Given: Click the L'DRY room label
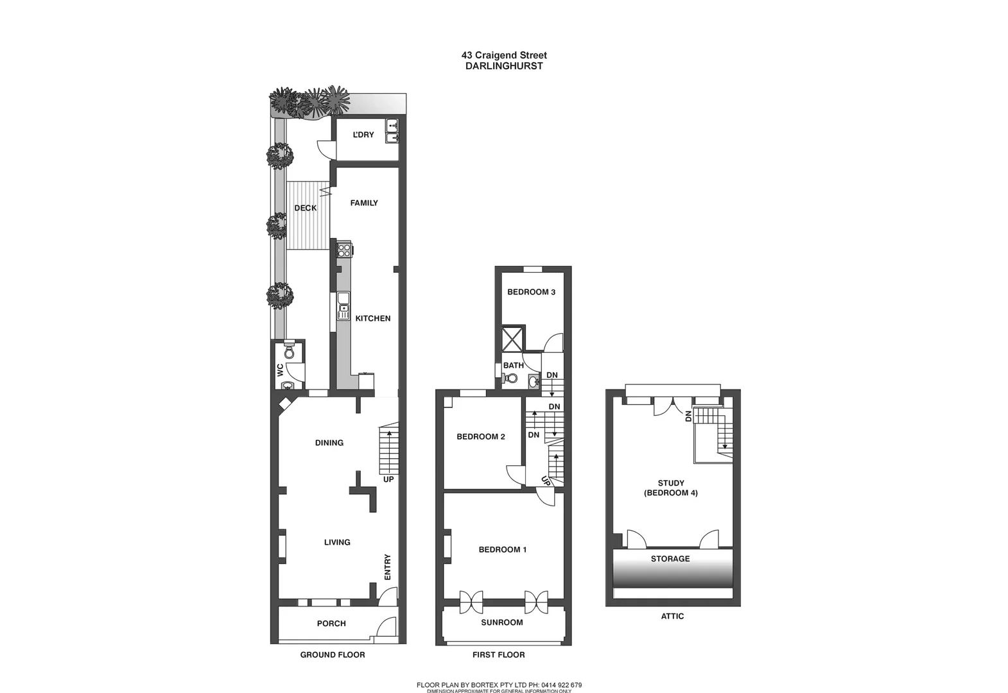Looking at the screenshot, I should coord(363,135).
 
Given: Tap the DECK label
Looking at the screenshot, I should coord(306,208).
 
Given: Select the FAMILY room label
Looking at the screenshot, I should coord(364,203).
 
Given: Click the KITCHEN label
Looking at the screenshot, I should coord(373,318).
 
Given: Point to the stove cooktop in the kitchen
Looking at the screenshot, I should coord(344,250).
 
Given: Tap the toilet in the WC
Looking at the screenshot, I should coord(289,352).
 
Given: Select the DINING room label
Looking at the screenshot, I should coord(329,443).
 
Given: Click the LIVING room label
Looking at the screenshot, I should coord(337,542).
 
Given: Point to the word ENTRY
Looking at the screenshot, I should coord(387,567).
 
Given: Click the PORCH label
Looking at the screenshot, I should coord(331,624).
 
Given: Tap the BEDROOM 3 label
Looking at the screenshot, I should coord(532,292).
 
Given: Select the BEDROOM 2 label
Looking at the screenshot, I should coord(481,437).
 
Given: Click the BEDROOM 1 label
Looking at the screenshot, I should coord(503,549).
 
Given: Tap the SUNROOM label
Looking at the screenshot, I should coord(502,622).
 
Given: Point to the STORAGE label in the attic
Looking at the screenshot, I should coord(670,559).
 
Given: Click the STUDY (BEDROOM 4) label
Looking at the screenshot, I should coord(671,488).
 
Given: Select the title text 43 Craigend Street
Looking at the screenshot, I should coord(504,55).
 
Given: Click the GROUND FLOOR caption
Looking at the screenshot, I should coord(333,654).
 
